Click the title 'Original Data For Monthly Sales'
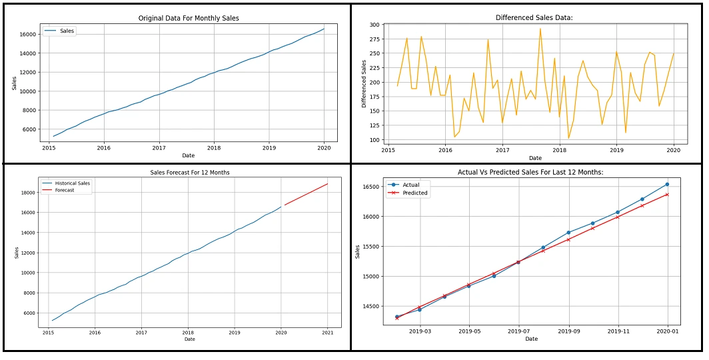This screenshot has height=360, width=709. click(188, 18)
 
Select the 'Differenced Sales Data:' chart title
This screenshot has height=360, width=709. click(530, 18)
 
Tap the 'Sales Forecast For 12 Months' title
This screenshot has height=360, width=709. click(190, 173)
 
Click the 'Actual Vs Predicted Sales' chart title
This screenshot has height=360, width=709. click(531, 172)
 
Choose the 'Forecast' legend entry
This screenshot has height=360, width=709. click(65, 190)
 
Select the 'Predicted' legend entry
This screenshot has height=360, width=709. click(415, 193)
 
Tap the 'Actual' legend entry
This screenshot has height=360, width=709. click(411, 185)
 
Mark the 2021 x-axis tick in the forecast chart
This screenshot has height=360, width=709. click(327, 332)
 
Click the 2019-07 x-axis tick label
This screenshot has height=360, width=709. click(518, 330)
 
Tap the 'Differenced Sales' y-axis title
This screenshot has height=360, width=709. click(364, 83)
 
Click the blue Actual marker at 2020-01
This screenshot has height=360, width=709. click(667, 184)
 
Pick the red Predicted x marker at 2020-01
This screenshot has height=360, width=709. click(667, 195)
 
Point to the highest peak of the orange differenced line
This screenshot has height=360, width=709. click(540, 29)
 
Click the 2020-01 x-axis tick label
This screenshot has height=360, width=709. click(667, 330)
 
